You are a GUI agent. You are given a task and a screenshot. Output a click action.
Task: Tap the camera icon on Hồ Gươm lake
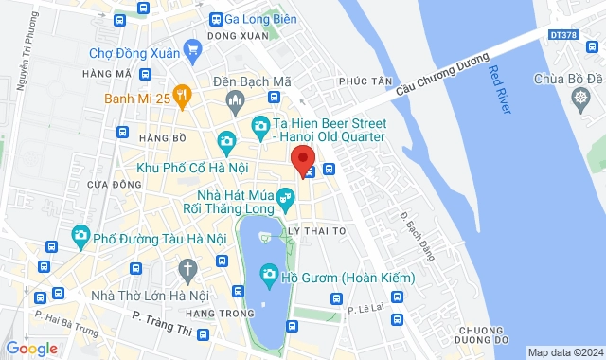(x=269, y=275)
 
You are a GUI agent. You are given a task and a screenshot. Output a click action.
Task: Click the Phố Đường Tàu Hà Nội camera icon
(x=80, y=234)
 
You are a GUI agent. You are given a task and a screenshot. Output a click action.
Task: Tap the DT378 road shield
(x=562, y=35)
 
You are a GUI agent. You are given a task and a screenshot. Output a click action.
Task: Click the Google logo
(x=32, y=348)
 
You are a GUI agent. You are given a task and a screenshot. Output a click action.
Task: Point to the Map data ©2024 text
(x=564, y=352)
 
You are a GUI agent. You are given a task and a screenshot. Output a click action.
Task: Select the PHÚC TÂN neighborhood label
(x=370, y=81)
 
